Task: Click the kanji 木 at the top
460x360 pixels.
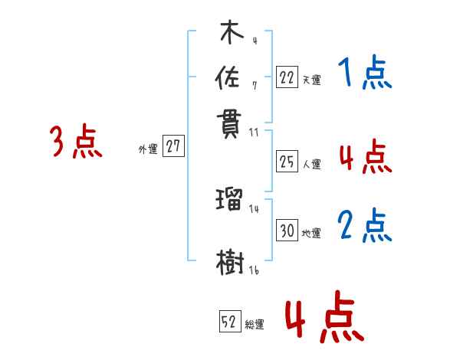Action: [231, 34]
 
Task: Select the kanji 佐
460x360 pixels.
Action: [230, 77]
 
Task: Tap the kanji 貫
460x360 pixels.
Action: [230, 123]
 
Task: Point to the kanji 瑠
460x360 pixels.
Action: [230, 201]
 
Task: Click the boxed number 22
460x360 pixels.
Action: [286, 76]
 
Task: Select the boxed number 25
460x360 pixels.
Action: [287, 161]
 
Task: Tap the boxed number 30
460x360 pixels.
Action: [287, 231]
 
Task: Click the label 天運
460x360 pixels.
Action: [311, 79]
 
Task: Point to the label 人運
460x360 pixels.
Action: [311, 164]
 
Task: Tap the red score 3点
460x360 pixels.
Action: [76, 142]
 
